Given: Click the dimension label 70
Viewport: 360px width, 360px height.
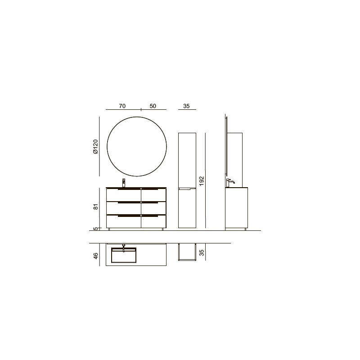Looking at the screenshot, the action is [122, 106].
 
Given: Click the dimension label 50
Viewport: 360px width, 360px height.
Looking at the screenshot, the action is [153, 106].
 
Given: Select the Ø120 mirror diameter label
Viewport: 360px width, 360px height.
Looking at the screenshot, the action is [95, 147].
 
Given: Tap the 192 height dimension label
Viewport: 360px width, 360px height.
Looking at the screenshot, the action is [201, 181].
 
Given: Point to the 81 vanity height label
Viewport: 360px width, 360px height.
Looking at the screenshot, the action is [96, 207].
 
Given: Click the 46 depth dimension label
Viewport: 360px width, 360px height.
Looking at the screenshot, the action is [96, 256].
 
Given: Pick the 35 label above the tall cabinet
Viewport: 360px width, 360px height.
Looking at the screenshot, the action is [186, 106].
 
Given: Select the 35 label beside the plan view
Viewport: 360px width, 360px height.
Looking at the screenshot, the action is [201, 252].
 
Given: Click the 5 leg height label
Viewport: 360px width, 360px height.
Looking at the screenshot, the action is [96, 229].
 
